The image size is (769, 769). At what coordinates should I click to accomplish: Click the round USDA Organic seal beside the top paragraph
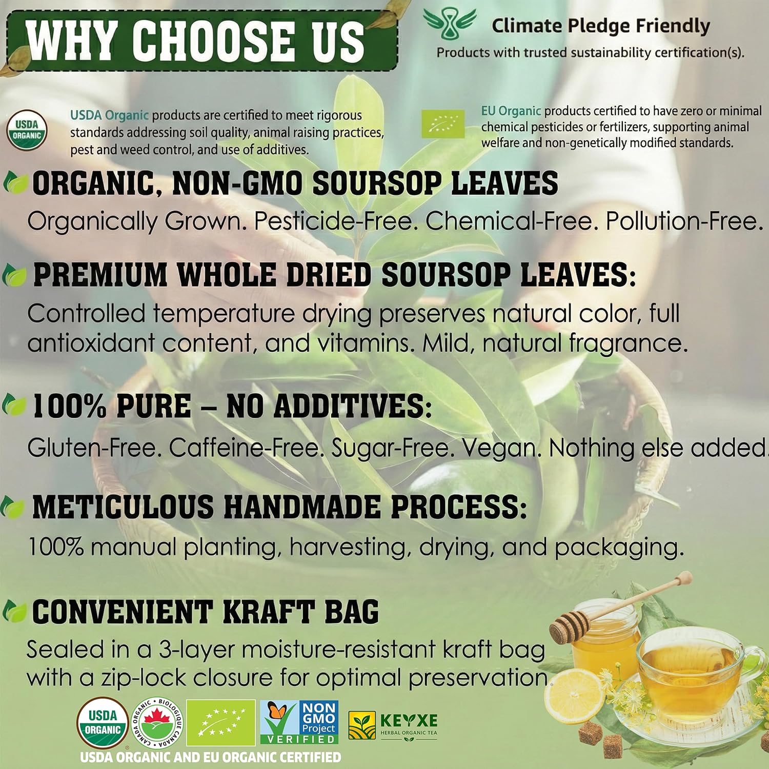(x=27, y=131)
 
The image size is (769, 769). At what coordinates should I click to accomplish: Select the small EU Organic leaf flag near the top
(x=443, y=124)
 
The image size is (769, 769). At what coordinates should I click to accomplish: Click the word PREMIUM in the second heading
(x=100, y=275)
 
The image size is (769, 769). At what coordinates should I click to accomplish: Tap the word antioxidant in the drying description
(x=91, y=343)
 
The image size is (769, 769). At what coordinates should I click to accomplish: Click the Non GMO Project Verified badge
(x=299, y=722)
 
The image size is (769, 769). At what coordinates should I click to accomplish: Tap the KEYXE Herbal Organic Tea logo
(x=393, y=724)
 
